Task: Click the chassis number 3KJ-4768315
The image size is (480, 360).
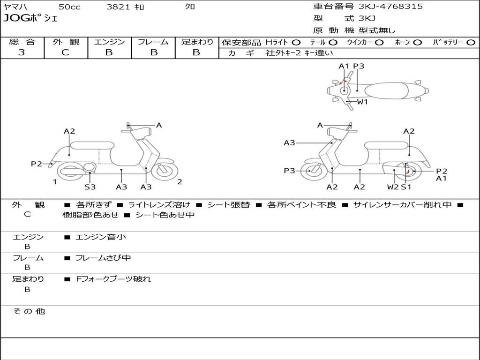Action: tap(390, 7)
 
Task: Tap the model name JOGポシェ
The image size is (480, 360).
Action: tap(30, 19)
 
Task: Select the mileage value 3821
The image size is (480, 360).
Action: tap(119, 7)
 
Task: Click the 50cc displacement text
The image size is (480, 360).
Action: tap(69, 7)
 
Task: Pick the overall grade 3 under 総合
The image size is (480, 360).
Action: tap(22, 52)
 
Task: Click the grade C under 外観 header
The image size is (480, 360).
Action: tap(66, 52)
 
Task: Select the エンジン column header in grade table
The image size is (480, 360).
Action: tap(109, 42)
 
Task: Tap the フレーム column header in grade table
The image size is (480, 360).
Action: tap(153, 42)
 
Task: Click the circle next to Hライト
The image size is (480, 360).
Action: tap(296, 43)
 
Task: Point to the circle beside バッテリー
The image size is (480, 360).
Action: tap(470, 43)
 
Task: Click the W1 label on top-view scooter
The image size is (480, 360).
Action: tap(362, 102)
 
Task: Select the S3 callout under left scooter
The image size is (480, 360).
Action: tap(90, 187)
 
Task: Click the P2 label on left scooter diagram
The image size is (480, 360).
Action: tap(37, 164)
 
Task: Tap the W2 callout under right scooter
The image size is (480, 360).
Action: tap(393, 187)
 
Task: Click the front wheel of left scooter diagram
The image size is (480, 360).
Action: tap(165, 171)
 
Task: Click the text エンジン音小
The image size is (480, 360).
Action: tap(101, 237)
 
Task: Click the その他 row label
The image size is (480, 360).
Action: tap(29, 311)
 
